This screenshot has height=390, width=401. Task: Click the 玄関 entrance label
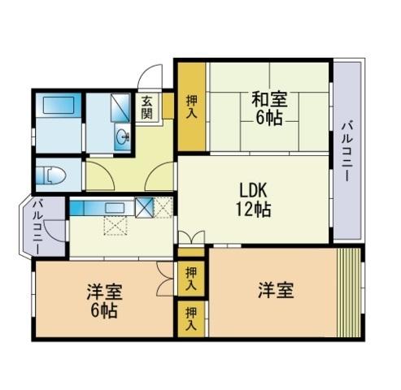coord(146,107)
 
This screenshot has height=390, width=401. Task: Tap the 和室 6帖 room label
coord(269,108)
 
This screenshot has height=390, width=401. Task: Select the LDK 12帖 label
coord(253,200)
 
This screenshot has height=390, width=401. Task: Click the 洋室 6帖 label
coord(104,301)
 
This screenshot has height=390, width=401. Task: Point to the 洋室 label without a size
coord(276,290)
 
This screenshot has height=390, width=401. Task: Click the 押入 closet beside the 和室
coord(192,107)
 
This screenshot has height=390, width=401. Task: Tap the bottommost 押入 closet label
coord(191,318)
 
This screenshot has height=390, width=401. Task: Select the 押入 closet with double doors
coord(191,279)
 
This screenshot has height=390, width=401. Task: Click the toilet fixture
coord(51,175)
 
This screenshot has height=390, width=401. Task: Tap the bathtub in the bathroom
coord(59,105)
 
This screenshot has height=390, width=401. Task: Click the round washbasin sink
coord(124,136)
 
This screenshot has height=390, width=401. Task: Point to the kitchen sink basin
coord(116,208)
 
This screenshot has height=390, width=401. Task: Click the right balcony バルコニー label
coord(347,152)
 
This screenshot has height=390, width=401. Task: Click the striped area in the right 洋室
coord(349,292)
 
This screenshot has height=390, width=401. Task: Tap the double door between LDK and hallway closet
coord(191,237)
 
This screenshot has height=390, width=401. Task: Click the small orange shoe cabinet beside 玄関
coord(168,106)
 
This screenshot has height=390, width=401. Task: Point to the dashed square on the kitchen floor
coord(116,226)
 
